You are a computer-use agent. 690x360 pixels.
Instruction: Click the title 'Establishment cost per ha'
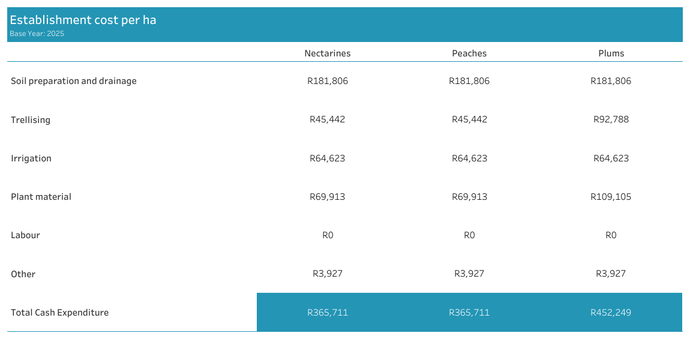(x=83, y=20)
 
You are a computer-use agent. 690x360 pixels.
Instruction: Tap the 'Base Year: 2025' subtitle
(x=37, y=34)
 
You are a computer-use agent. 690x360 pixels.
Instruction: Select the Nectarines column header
(x=327, y=53)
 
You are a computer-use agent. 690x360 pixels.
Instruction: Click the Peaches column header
(x=469, y=53)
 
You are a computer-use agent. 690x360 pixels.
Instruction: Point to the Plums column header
(x=611, y=53)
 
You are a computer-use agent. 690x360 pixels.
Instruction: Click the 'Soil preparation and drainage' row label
(x=74, y=81)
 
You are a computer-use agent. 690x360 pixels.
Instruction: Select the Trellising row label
(x=31, y=120)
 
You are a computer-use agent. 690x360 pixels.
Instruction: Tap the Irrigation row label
(x=31, y=158)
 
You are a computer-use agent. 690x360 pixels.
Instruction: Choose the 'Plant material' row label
(x=41, y=197)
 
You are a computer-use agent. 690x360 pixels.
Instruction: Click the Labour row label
(x=25, y=235)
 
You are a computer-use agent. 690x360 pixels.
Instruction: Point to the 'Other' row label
(x=23, y=274)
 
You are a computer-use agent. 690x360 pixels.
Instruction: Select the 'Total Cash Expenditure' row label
(x=59, y=313)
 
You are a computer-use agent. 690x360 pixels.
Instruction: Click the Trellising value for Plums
(x=611, y=119)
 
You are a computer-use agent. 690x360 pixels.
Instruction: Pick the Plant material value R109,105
(x=611, y=197)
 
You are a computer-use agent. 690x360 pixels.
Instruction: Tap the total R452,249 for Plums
(x=611, y=313)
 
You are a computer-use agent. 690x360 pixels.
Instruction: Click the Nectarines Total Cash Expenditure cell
(x=327, y=313)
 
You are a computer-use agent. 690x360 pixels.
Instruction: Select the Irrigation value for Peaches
(x=469, y=158)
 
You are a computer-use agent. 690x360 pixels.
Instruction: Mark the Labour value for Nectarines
(x=327, y=235)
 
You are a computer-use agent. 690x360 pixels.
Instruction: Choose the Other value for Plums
(x=611, y=274)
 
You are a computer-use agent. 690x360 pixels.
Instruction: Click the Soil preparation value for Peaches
(x=469, y=81)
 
